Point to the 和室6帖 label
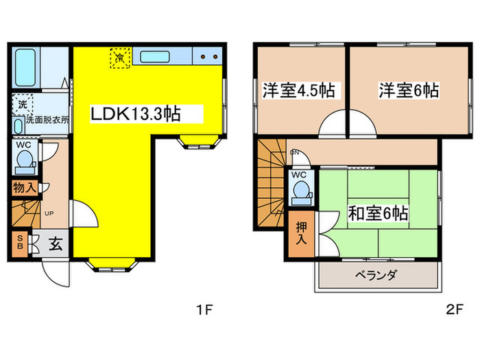(378, 214)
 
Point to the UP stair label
(49, 213)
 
